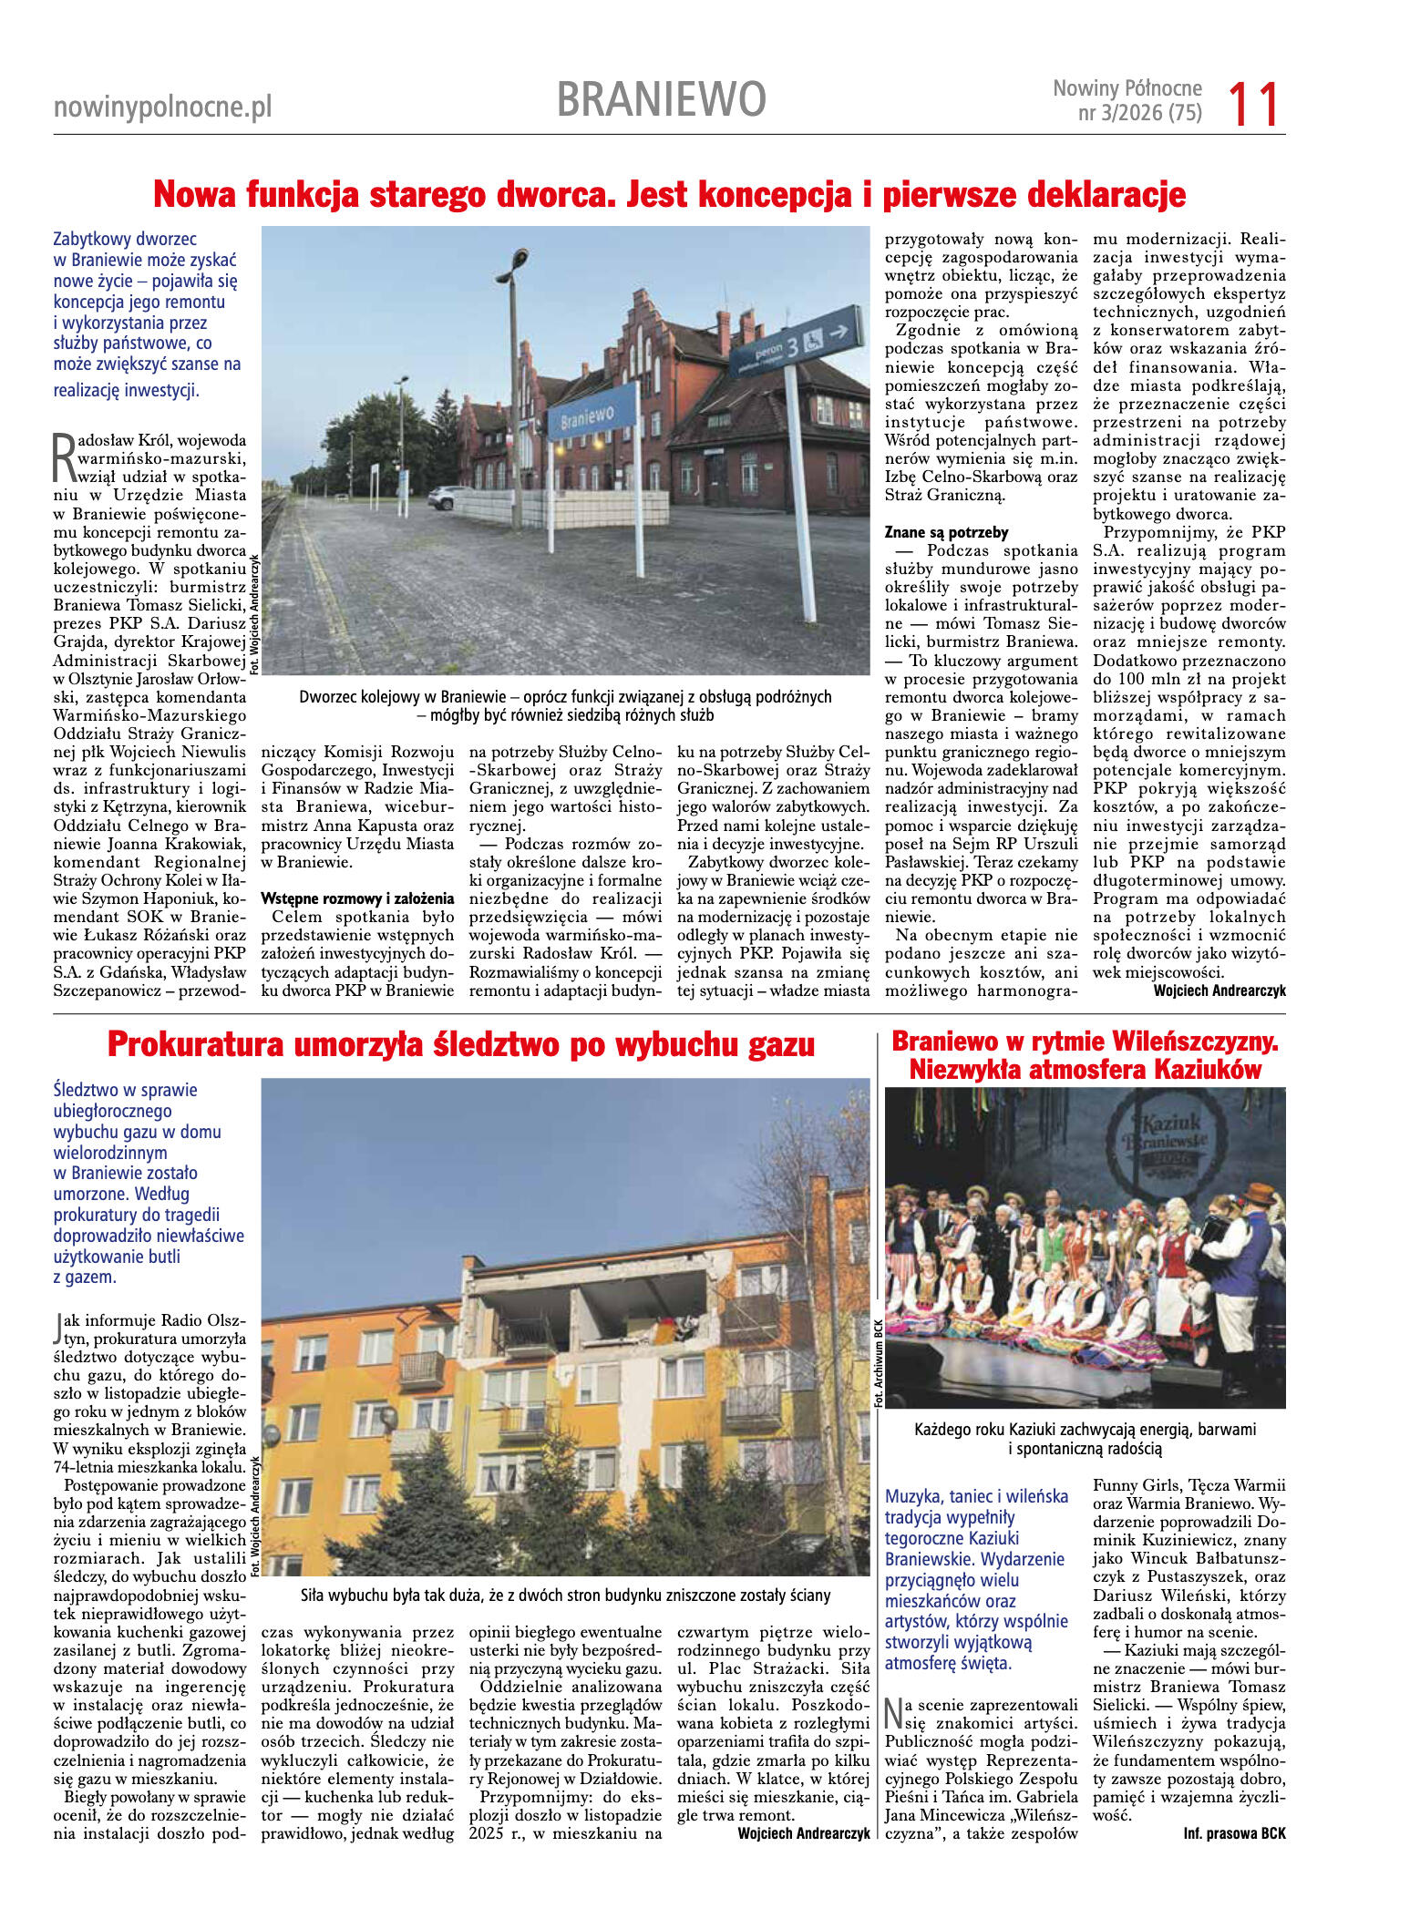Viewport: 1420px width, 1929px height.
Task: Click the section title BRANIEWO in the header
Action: click(661, 99)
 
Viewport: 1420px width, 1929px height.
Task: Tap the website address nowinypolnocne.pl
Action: click(162, 108)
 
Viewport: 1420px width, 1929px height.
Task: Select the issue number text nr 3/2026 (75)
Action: click(1139, 113)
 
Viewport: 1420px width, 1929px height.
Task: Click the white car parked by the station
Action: click(448, 497)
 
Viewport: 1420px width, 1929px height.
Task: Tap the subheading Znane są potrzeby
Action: click(946, 532)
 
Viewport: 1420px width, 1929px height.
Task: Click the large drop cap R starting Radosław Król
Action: click(65, 457)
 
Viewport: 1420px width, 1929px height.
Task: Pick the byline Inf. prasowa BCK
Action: click(1234, 1833)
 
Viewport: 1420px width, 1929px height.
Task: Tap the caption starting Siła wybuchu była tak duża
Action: click(565, 1596)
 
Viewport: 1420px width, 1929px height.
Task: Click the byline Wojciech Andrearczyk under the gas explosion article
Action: click(803, 1833)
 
